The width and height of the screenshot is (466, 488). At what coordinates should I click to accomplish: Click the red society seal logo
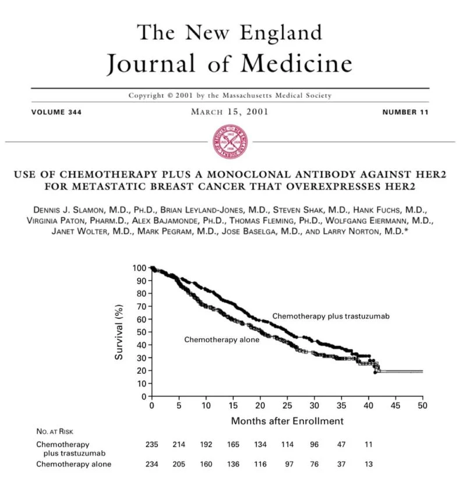click(232, 142)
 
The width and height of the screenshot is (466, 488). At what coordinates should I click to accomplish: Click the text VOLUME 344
click(57, 112)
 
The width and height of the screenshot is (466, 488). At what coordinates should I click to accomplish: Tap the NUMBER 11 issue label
click(405, 112)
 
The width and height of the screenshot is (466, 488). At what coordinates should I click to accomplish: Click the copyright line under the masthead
click(231, 96)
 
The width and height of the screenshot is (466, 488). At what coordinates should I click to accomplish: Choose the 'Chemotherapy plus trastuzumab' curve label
click(330, 316)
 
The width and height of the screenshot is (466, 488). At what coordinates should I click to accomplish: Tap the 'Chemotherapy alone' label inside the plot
click(221, 339)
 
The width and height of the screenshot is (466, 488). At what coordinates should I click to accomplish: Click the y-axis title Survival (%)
click(119, 331)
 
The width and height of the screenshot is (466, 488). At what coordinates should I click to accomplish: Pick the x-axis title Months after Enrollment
click(287, 420)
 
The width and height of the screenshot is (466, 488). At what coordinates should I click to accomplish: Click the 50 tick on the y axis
click(141, 332)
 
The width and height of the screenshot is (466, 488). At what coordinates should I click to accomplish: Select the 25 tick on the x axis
click(287, 405)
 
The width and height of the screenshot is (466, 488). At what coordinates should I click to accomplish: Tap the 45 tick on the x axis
click(396, 405)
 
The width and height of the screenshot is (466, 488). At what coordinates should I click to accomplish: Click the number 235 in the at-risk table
click(152, 444)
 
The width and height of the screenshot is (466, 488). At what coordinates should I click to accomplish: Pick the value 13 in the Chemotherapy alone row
click(368, 464)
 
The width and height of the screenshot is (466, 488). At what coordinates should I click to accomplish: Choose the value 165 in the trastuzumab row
click(234, 444)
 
